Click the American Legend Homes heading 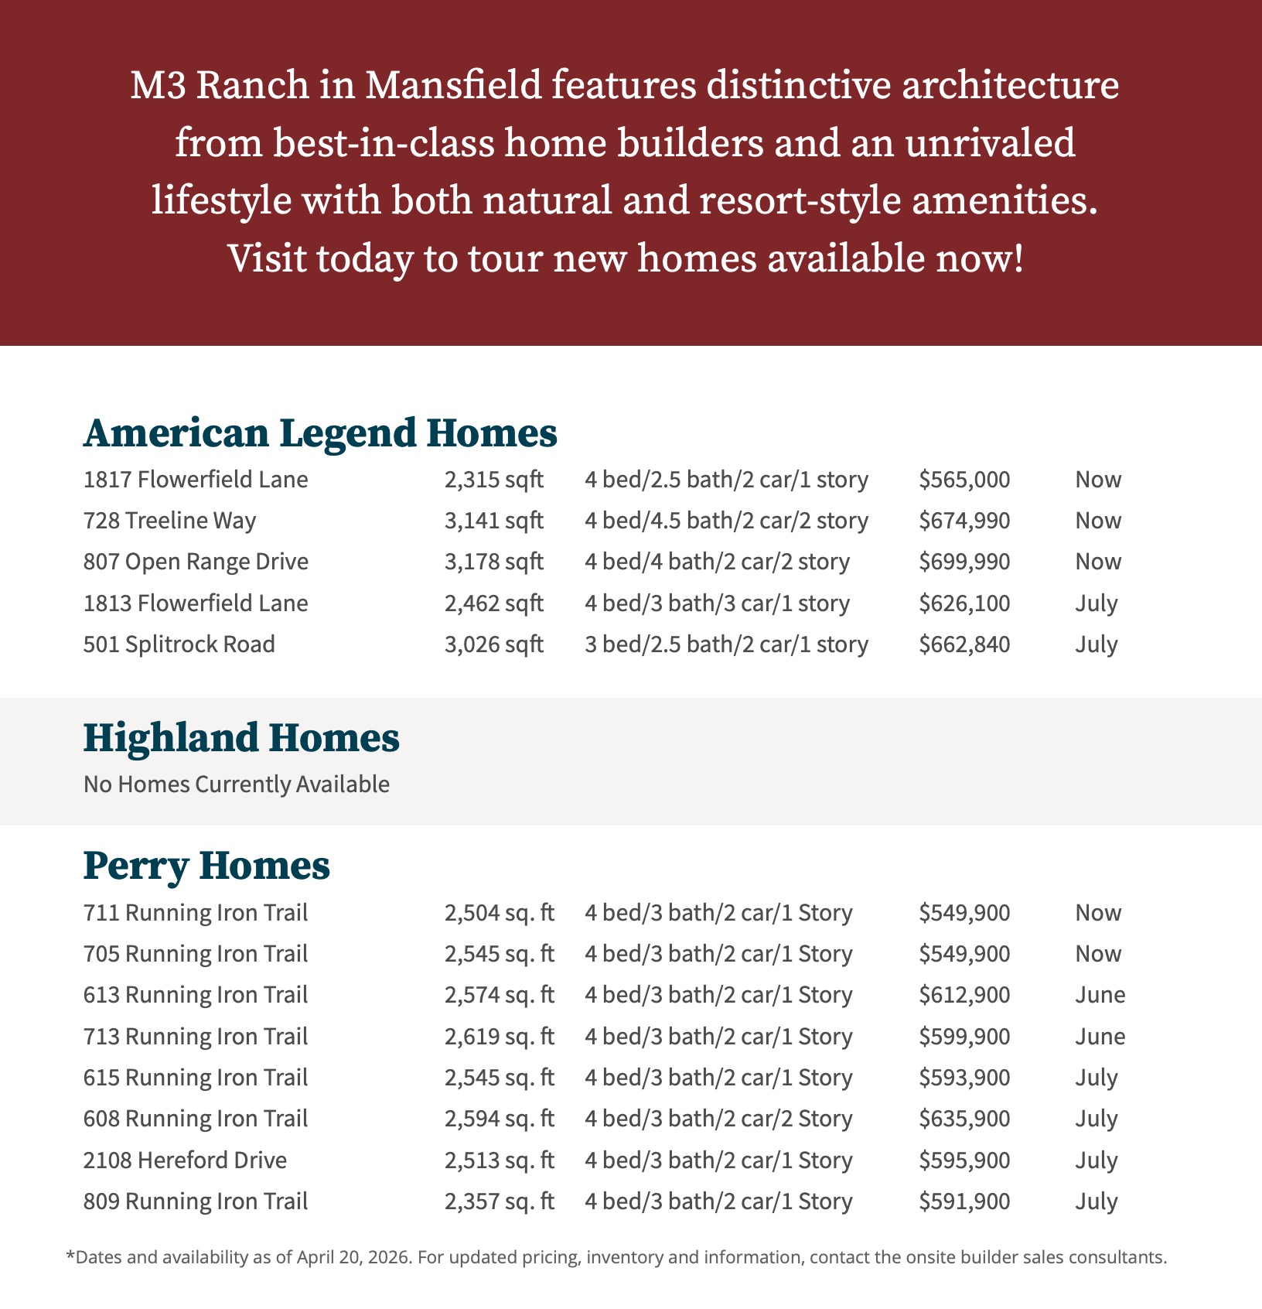(320, 433)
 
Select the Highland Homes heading (241, 738)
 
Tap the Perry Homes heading (206, 866)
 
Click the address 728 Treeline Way (169, 521)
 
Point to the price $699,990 (964, 562)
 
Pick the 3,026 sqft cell (493, 644)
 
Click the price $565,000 (964, 480)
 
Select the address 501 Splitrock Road (179, 644)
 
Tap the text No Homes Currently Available (237, 784)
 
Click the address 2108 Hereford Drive (185, 1160)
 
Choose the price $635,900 (964, 1119)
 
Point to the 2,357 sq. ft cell (499, 1201)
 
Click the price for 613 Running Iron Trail (964, 995)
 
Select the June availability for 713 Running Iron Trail (1100, 1037)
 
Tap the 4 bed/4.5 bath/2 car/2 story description (726, 521)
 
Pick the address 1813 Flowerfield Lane (196, 603)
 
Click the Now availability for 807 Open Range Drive (1098, 562)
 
